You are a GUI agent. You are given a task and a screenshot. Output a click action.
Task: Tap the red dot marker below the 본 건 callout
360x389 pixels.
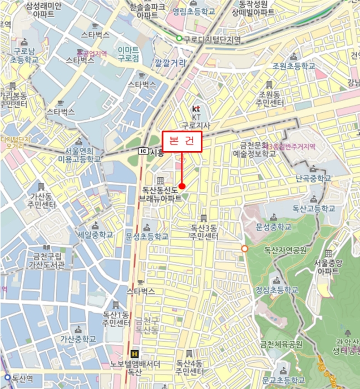182,186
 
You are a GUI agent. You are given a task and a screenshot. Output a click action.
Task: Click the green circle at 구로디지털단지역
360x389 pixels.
179,38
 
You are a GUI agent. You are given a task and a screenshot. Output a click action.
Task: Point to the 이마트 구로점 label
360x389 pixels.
128,54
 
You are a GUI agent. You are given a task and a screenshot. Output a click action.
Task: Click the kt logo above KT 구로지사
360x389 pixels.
195,108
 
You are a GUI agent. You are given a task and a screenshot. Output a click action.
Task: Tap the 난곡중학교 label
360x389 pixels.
313,178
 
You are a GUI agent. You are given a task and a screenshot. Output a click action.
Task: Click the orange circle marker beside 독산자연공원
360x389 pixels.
245,248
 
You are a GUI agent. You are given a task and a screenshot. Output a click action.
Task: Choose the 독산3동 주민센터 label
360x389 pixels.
204,232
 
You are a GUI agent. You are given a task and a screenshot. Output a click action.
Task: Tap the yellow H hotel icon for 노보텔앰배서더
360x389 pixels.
134,353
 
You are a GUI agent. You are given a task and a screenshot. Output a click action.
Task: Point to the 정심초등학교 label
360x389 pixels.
277,290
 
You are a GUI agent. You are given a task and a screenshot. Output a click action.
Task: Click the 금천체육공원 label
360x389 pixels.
281,345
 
